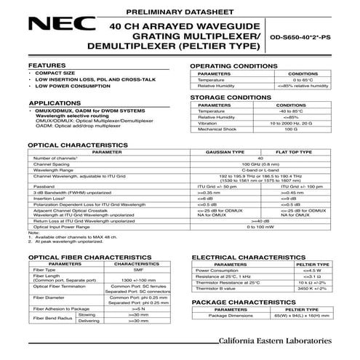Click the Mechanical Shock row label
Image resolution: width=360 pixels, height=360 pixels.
219,128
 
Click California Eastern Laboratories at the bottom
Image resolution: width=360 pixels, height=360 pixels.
280,341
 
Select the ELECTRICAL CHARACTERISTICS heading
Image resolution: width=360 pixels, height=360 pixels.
247,258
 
